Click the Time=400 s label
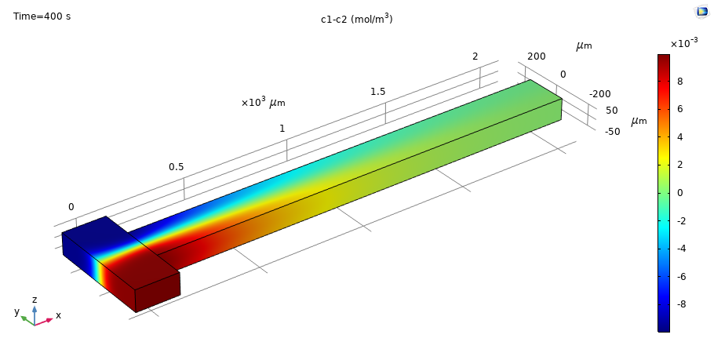click(x=42, y=16)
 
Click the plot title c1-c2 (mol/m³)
click(x=356, y=19)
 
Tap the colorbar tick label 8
click(x=679, y=82)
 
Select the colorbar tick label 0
click(x=679, y=193)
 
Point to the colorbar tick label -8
click(x=679, y=304)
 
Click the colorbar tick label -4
click(x=679, y=249)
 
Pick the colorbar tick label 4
click(x=679, y=137)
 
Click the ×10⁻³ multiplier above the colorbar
click(x=684, y=43)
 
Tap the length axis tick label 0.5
click(x=177, y=167)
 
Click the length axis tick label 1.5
click(x=377, y=92)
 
